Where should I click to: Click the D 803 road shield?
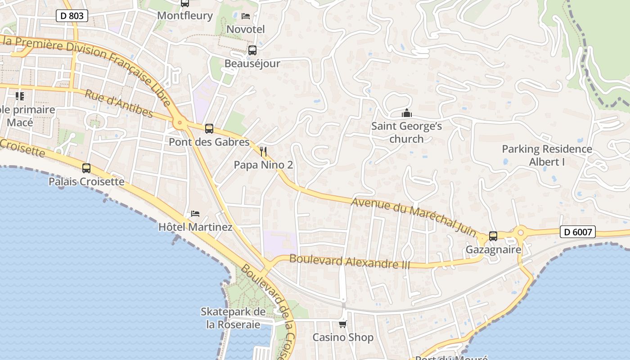(72, 16)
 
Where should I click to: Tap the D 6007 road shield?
(578, 232)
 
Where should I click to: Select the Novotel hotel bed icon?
(246, 16)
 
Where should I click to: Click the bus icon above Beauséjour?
(252, 50)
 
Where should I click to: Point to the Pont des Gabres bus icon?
(209, 129)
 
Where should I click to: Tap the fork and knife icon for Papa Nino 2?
(264, 152)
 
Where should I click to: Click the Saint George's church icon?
(407, 113)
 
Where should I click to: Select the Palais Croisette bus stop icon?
(86, 168)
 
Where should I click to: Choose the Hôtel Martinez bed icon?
(195, 213)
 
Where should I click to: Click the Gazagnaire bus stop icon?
(493, 236)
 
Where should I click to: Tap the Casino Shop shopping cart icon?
(343, 324)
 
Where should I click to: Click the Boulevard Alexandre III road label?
(350, 261)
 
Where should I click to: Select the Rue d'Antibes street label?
(119, 103)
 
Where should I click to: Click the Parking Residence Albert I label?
(547, 155)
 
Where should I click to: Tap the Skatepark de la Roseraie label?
(233, 318)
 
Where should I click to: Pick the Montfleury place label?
(185, 15)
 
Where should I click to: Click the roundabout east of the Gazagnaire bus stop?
(521, 233)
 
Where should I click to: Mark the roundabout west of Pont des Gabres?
(180, 122)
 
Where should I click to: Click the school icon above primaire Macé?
(20, 96)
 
